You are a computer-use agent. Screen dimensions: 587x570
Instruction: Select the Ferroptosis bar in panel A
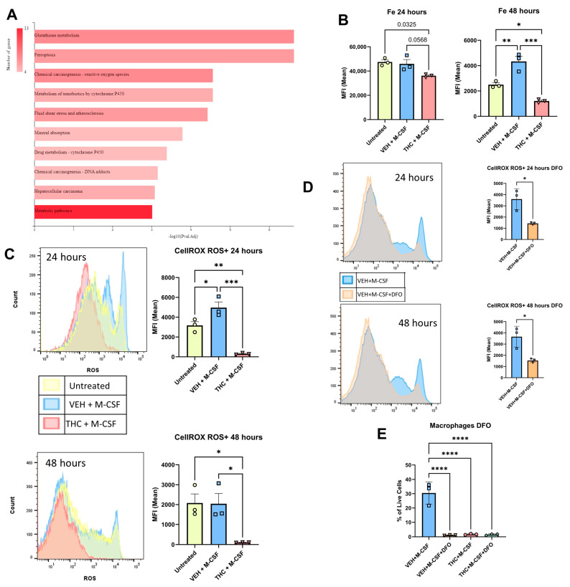164,56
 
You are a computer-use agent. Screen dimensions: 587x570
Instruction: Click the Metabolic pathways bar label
57,211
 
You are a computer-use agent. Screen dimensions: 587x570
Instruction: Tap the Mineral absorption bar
108,133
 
